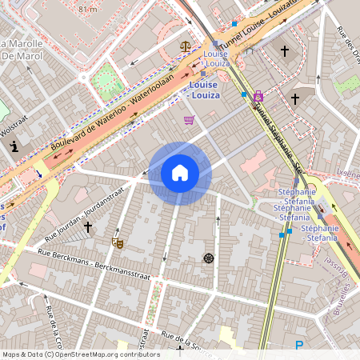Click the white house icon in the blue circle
(x=180, y=173)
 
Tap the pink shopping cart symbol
(x=189, y=120)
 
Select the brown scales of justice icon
(x=186, y=46)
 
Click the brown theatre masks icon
(x=118, y=241)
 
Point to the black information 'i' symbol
(x=14, y=146)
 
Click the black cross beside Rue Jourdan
(x=88, y=227)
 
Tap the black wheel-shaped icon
(x=209, y=258)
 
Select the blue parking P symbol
(x=299, y=346)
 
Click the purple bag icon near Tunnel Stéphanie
(x=258, y=97)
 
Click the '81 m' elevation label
(x=87, y=8)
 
